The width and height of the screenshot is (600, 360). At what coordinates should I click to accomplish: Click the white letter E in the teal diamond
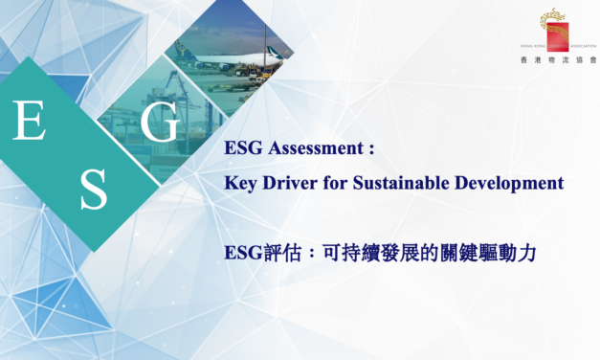30,122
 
